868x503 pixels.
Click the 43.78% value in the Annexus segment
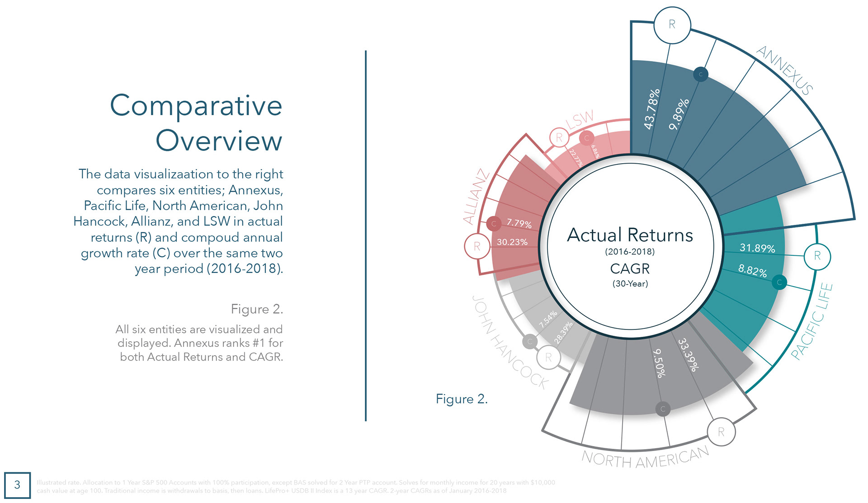pos(651,109)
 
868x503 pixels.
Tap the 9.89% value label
pos(679,114)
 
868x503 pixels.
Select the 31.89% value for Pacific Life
pos(757,248)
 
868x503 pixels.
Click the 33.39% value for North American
pos(689,355)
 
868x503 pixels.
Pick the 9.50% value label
pos(660,363)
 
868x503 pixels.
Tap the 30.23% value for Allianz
pos(512,242)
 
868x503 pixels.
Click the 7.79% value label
pos(519,223)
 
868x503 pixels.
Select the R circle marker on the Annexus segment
pos(672,25)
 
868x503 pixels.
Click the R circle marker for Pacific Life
pos(817,256)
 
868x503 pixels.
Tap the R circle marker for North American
pos(721,432)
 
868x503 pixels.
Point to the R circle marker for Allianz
pos(477,246)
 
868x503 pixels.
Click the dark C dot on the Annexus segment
pos(701,75)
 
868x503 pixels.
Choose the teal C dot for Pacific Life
pos(779,283)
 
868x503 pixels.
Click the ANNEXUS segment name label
pos(784,70)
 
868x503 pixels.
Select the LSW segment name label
pos(580,119)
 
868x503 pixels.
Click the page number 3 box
pos(17,485)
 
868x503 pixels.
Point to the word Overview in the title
pos(219,141)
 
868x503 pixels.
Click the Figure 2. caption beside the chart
pos(462,399)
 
